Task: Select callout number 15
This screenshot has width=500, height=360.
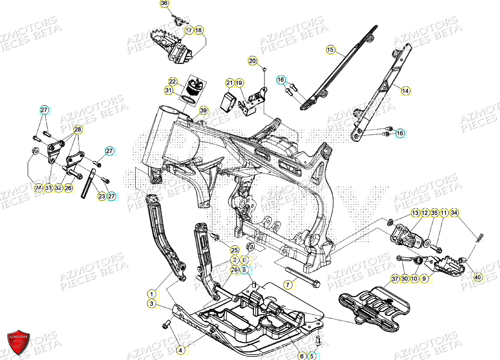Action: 330,49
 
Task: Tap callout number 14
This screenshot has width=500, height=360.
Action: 406,91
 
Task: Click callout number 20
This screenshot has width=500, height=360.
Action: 252,60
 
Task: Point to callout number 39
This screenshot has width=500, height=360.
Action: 203,111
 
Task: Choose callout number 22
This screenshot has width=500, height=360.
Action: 172,82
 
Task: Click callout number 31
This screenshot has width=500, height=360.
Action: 169,91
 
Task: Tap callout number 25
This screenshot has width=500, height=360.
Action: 234,250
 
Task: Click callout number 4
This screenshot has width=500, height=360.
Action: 181,350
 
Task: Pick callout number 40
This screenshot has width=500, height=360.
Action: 478,277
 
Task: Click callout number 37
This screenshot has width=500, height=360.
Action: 395,278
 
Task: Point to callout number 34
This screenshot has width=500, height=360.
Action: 455,212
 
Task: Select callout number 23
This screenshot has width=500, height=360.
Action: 102,197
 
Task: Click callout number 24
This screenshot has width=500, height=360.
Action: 39,187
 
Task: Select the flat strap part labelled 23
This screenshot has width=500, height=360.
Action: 89,183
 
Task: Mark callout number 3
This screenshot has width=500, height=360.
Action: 152,304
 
